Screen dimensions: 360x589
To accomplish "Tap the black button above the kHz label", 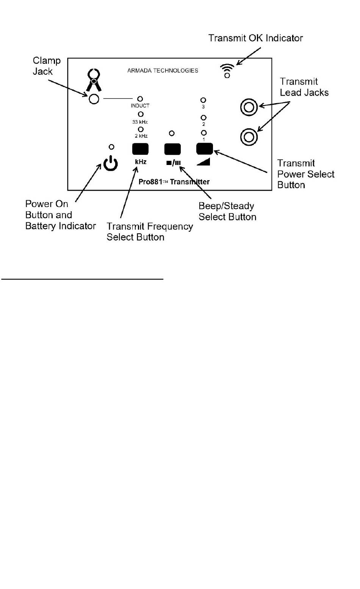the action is point(140,149).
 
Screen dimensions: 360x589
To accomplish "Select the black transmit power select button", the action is point(204,149).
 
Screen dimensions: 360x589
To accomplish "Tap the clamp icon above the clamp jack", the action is point(94,80).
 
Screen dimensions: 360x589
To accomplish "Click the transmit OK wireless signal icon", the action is point(227,71).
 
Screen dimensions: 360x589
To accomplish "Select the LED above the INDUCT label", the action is point(140,99).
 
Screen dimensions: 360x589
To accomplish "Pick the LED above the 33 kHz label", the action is point(141,114).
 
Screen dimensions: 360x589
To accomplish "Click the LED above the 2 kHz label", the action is point(141,129).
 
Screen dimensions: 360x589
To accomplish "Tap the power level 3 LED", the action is point(203,100).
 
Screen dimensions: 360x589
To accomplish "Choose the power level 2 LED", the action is point(203,118).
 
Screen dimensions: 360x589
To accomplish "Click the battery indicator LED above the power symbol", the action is point(111,147).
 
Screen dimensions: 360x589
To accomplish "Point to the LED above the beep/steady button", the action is point(172,134).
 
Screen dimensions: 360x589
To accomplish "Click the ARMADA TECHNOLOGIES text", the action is point(163,71).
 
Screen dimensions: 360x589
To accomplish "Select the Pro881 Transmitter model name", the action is point(174,182).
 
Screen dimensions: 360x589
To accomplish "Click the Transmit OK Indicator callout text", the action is point(256,38).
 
